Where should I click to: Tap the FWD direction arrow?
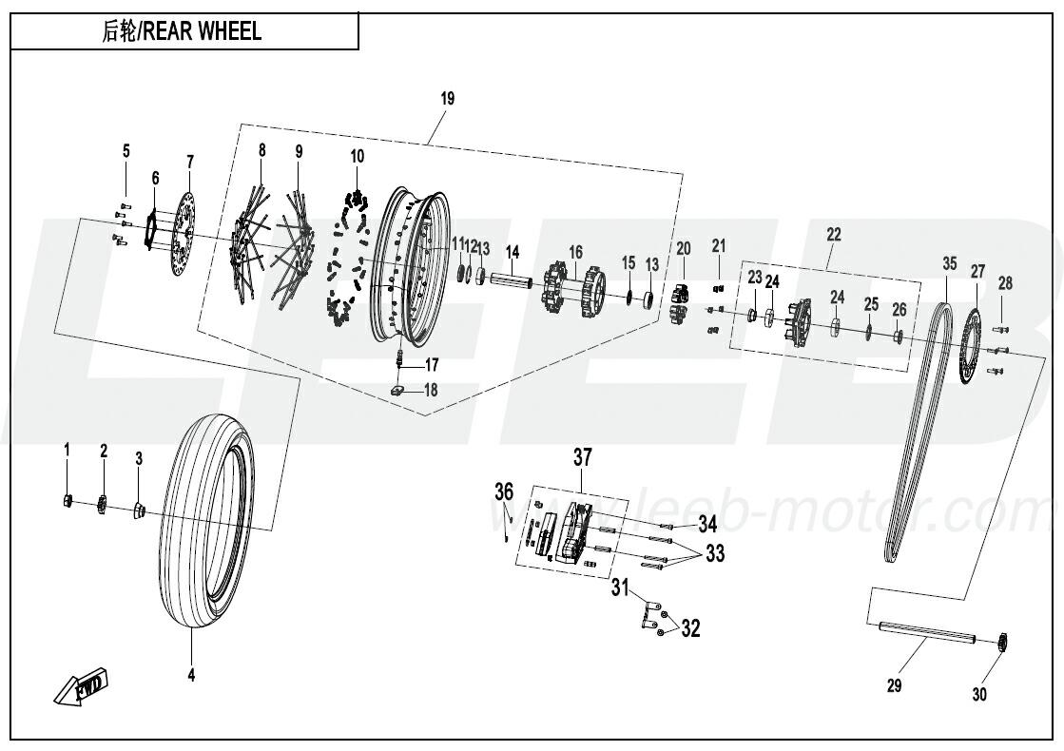[x=83, y=686]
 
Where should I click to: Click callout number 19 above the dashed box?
[x=448, y=99]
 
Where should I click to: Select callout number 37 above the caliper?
[x=581, y=458]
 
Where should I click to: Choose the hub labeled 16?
[x=574, y=286]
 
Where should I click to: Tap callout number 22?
[x=833, y=234]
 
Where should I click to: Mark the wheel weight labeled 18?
[x=400, y=389]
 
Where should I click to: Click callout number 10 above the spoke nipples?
[x=357, y=156]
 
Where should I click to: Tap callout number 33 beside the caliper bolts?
[x=715, y=553]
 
